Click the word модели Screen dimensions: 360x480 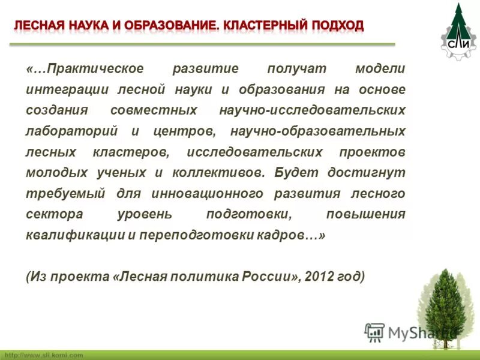pyautogui.click(x=380, y=68)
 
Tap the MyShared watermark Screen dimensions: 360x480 pyautogui.click(x=408, y=332)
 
